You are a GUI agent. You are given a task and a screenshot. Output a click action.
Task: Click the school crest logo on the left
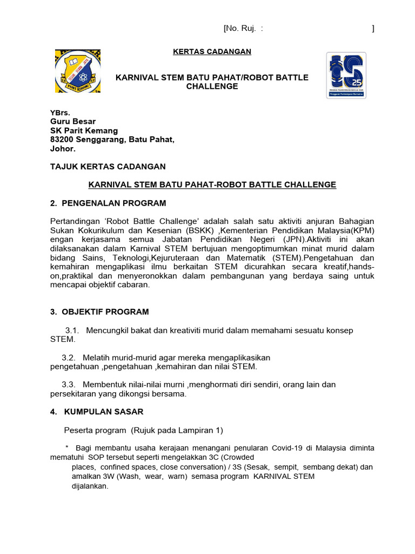(77, 71)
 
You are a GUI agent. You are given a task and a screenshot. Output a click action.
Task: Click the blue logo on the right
(346, 75)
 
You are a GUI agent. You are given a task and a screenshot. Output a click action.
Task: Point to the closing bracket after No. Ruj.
(373, 29)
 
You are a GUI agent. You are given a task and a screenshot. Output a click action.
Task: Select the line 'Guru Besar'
(73, 122)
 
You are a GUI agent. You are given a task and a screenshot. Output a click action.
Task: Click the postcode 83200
(62, 140)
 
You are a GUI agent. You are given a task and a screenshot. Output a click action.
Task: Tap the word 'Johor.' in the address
(63, 148)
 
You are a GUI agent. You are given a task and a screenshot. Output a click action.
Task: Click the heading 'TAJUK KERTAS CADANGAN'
(108, 167)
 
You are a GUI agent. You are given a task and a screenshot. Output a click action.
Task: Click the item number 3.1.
(72, 330)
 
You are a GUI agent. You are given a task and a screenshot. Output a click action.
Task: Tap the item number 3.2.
(69, 358)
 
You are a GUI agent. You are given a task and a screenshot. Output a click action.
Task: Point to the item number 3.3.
(69, 385)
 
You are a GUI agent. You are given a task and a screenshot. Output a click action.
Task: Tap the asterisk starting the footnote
(66, 448)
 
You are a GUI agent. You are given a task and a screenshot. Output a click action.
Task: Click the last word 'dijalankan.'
(90, 486)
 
